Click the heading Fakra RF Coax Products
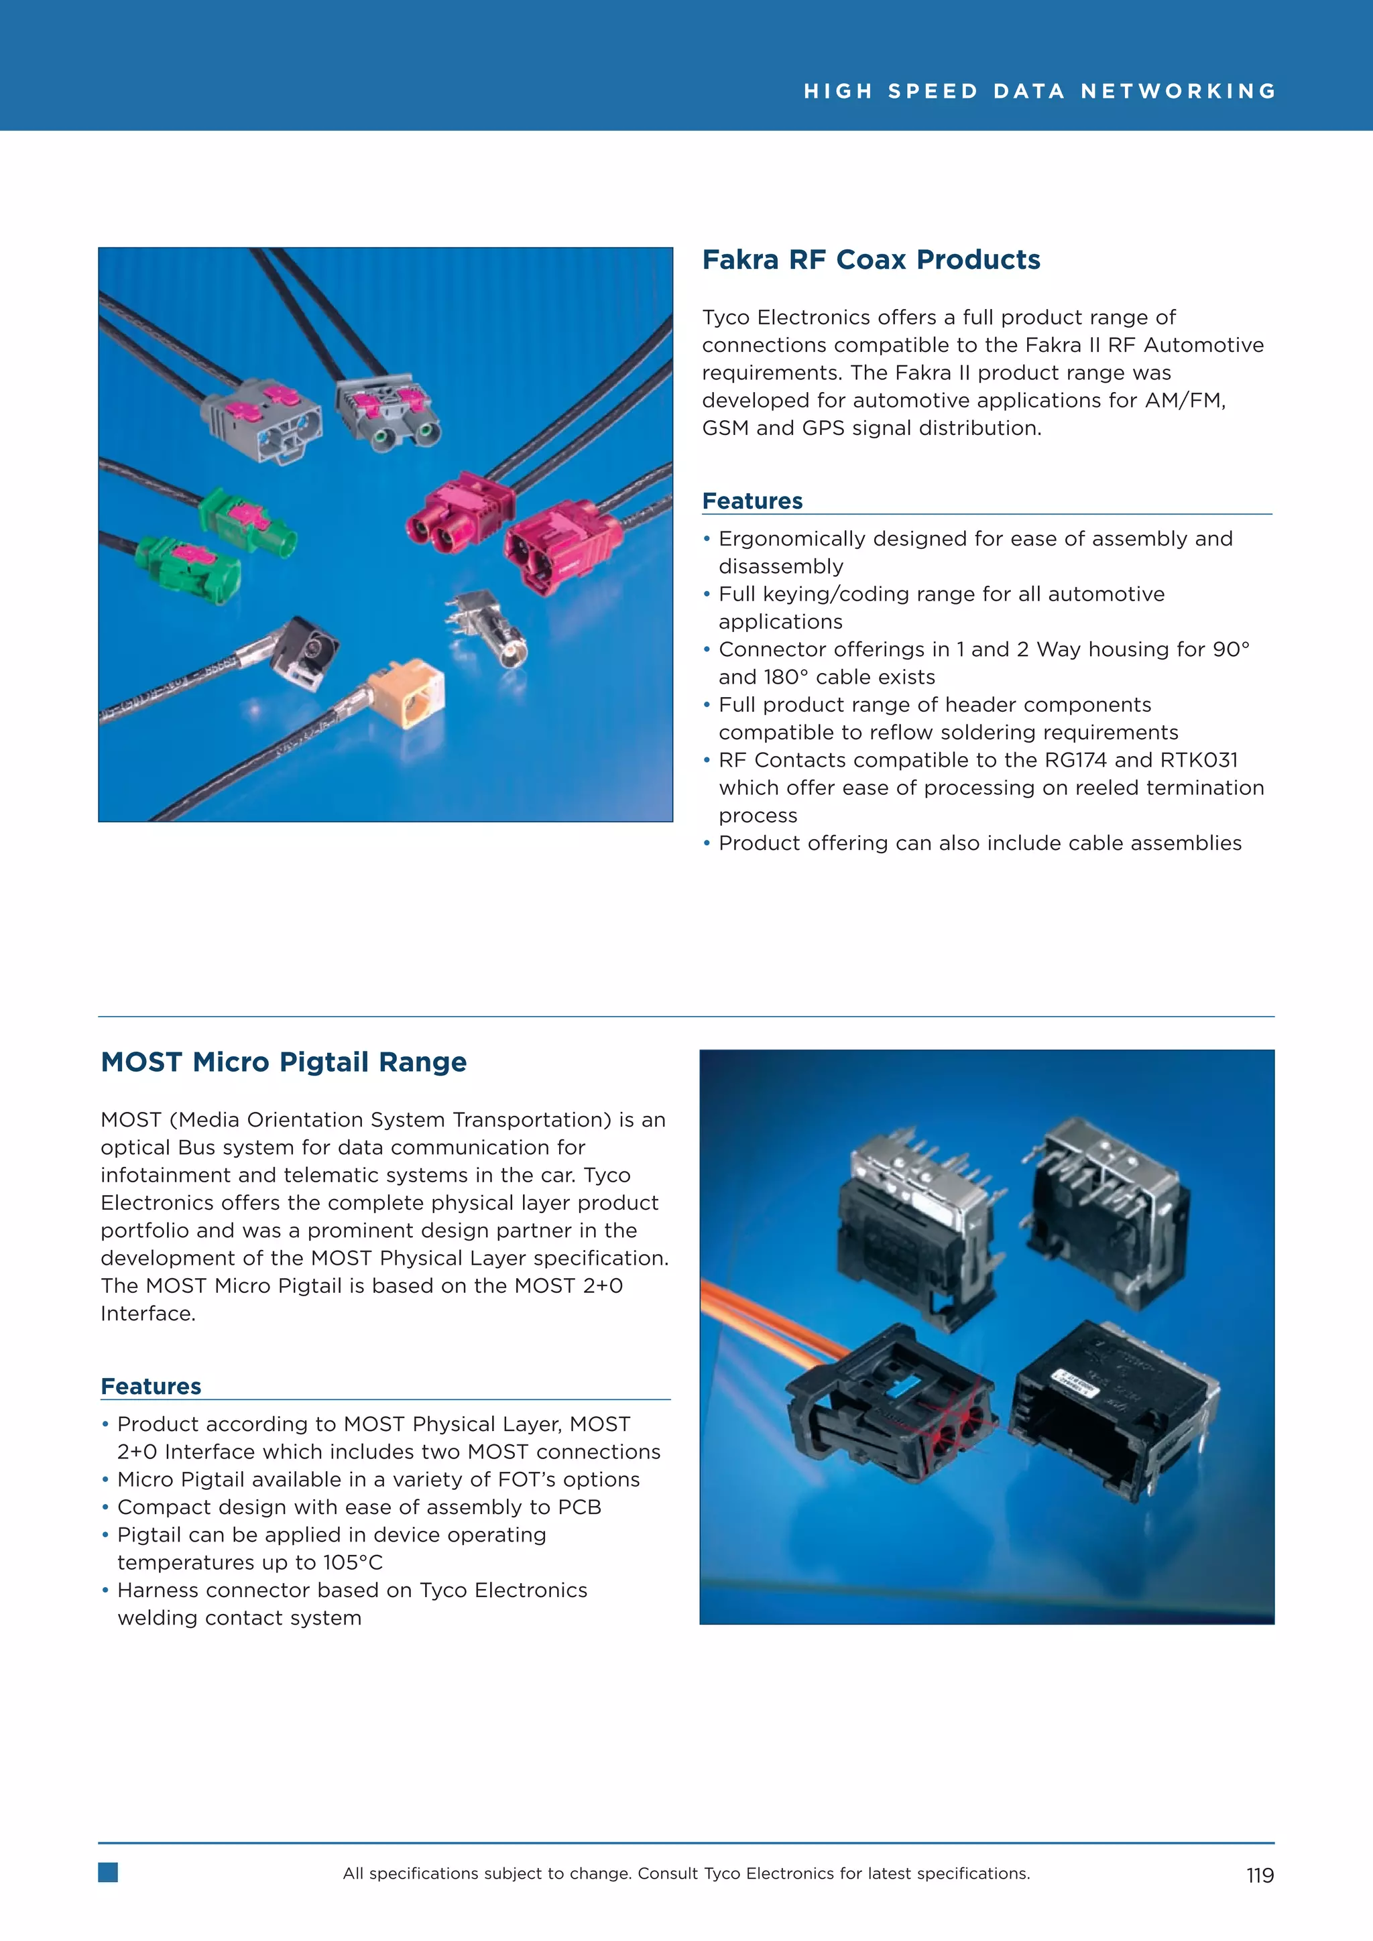point(871,259)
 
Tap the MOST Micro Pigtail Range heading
point(283,1062)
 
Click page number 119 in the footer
point(1259,1875)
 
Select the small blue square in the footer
point(108,1873)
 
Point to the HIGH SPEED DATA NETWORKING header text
point(1039,91)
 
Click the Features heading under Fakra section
point(752,501)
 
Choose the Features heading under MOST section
point(150,1387)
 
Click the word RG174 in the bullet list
point(1075,760)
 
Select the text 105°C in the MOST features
point(353,1562)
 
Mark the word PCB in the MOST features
point(579,1507)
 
